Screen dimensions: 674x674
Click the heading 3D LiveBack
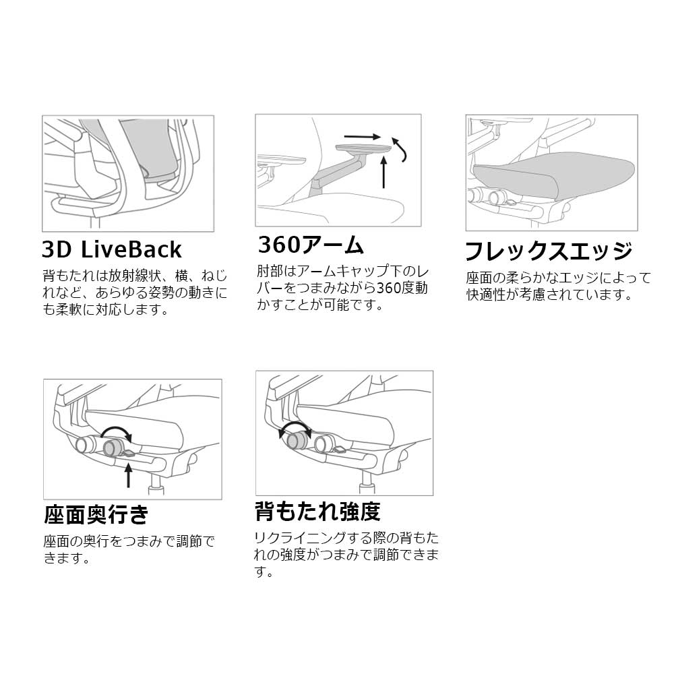112,249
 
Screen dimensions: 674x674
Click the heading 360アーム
311,245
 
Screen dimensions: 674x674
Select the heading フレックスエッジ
549,251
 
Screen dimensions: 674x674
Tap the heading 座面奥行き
96,514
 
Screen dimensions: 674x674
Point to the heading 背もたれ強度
317,511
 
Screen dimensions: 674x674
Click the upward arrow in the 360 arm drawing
384,173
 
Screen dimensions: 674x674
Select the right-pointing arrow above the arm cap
363,137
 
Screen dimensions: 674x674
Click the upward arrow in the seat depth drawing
128,475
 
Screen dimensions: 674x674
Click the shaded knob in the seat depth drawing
113,448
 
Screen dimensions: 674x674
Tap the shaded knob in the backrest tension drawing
297,439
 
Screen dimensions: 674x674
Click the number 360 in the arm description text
389,288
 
